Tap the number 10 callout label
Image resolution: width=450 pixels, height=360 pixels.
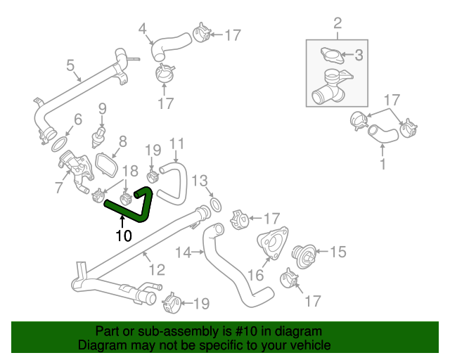123,236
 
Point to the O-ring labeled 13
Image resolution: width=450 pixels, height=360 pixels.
217,205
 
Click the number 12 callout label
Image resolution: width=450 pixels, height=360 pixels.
156,269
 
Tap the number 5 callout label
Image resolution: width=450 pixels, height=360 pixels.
70,66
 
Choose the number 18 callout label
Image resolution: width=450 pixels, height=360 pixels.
131,171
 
